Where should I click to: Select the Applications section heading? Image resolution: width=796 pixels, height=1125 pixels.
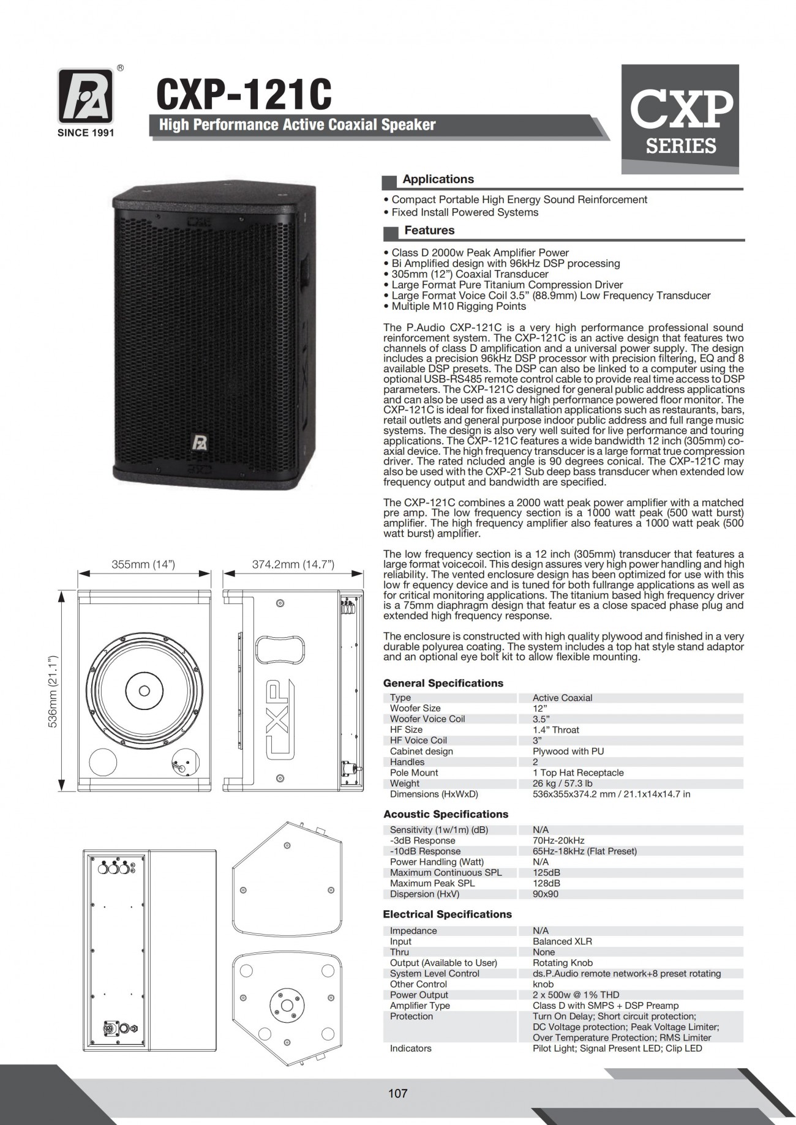(x=438, y=179)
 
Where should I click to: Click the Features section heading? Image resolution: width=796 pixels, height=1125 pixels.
(x=429, y=231)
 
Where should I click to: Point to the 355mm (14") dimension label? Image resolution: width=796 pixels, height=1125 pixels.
(x=143, y=564)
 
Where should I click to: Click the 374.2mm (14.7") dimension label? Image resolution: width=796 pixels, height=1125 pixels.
(x=293, y=564)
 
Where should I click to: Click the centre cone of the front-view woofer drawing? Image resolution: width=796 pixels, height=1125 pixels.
(x=145, y=691)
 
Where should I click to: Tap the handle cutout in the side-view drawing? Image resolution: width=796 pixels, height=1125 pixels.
(x=280, y=649)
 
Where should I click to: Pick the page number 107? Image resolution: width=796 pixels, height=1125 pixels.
(x=397, y=1093)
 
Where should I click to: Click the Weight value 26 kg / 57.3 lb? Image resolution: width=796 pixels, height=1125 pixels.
(x=562, y=783)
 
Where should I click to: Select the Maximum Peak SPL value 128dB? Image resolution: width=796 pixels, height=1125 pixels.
(x=546, y=883)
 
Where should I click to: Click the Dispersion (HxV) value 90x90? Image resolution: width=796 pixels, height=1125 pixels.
(x=546, y=894)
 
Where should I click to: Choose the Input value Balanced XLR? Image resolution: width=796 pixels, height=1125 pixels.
(x=562, y=941)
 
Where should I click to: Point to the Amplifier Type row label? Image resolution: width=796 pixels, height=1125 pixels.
(x=419, y=1006)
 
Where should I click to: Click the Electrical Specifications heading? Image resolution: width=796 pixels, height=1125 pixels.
(x=447, y=914)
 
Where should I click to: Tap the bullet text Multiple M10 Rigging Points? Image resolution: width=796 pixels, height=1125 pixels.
(x=459, y=306)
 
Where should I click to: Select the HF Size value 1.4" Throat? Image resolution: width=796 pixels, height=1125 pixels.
(x=555, y=730)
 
